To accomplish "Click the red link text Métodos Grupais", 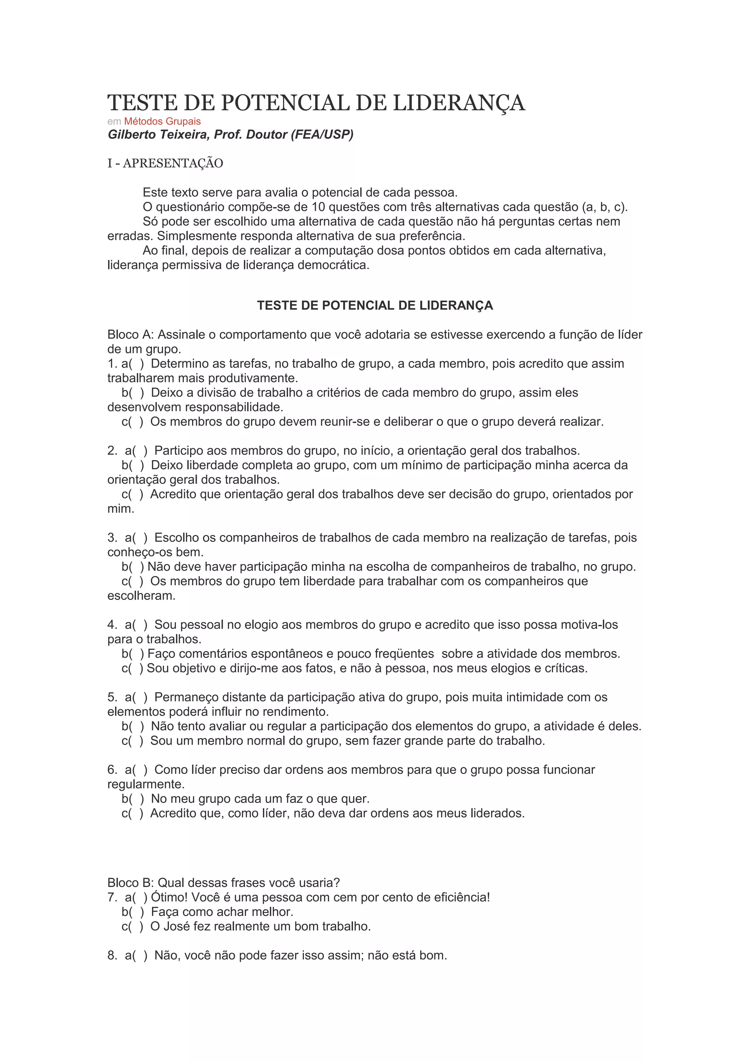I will pos(162,121).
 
